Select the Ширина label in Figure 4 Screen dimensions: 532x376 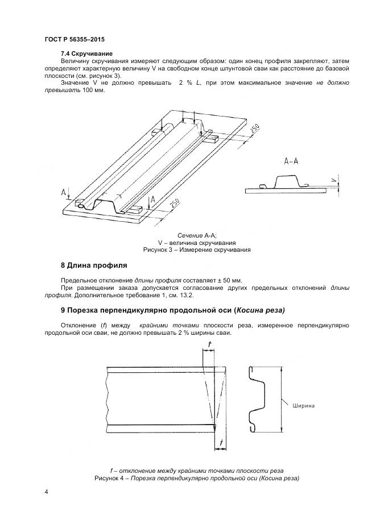303,406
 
